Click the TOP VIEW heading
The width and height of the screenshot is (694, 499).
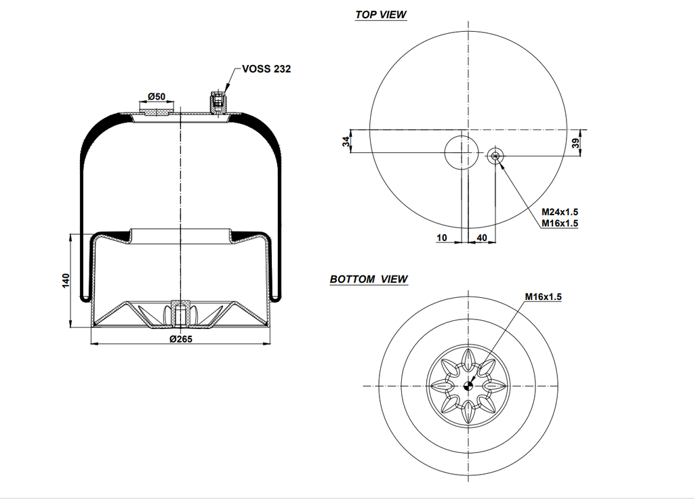pyautogui.click(x=380, y=15)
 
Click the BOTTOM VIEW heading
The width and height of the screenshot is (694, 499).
pyautogui.click(x=369, y=279)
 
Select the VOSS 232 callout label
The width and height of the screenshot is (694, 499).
pyautogui.click(x=266, y=69)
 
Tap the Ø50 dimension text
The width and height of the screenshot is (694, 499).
pyautogui.click(x=157, y=97)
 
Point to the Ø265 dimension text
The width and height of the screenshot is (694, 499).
pyautogui.click(x=181, y=339)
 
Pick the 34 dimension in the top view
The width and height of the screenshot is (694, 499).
pyautogui.click(x=346, y=142)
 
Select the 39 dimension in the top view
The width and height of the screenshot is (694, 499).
pyautogui.click(x=575, y=142)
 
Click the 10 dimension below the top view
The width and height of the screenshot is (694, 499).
pyautogui.click(x=442, y=238)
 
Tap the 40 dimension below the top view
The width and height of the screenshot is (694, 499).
pyautogui.click(x=482, y=238)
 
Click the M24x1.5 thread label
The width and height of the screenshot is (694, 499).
pyautogui.click(x=560, y=212)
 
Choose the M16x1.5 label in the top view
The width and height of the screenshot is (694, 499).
pyautogui.click(x=560, y=223)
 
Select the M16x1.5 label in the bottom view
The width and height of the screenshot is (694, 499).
pyautogui.click(x=544, y=297)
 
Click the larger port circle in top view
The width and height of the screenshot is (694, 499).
pyautogui.click(x=461, y=152)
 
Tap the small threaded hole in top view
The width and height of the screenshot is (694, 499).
pyautogui.click(x=496, y=156)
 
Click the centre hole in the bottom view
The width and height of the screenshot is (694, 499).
pyautogui.click(x=468, y=386)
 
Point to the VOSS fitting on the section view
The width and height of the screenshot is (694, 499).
pyautogui.click(x=218, y=102)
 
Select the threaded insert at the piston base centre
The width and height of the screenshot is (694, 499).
pyautogui.click(x=180, y=312)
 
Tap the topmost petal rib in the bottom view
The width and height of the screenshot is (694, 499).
pyautogui.click(x=468, y=357)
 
